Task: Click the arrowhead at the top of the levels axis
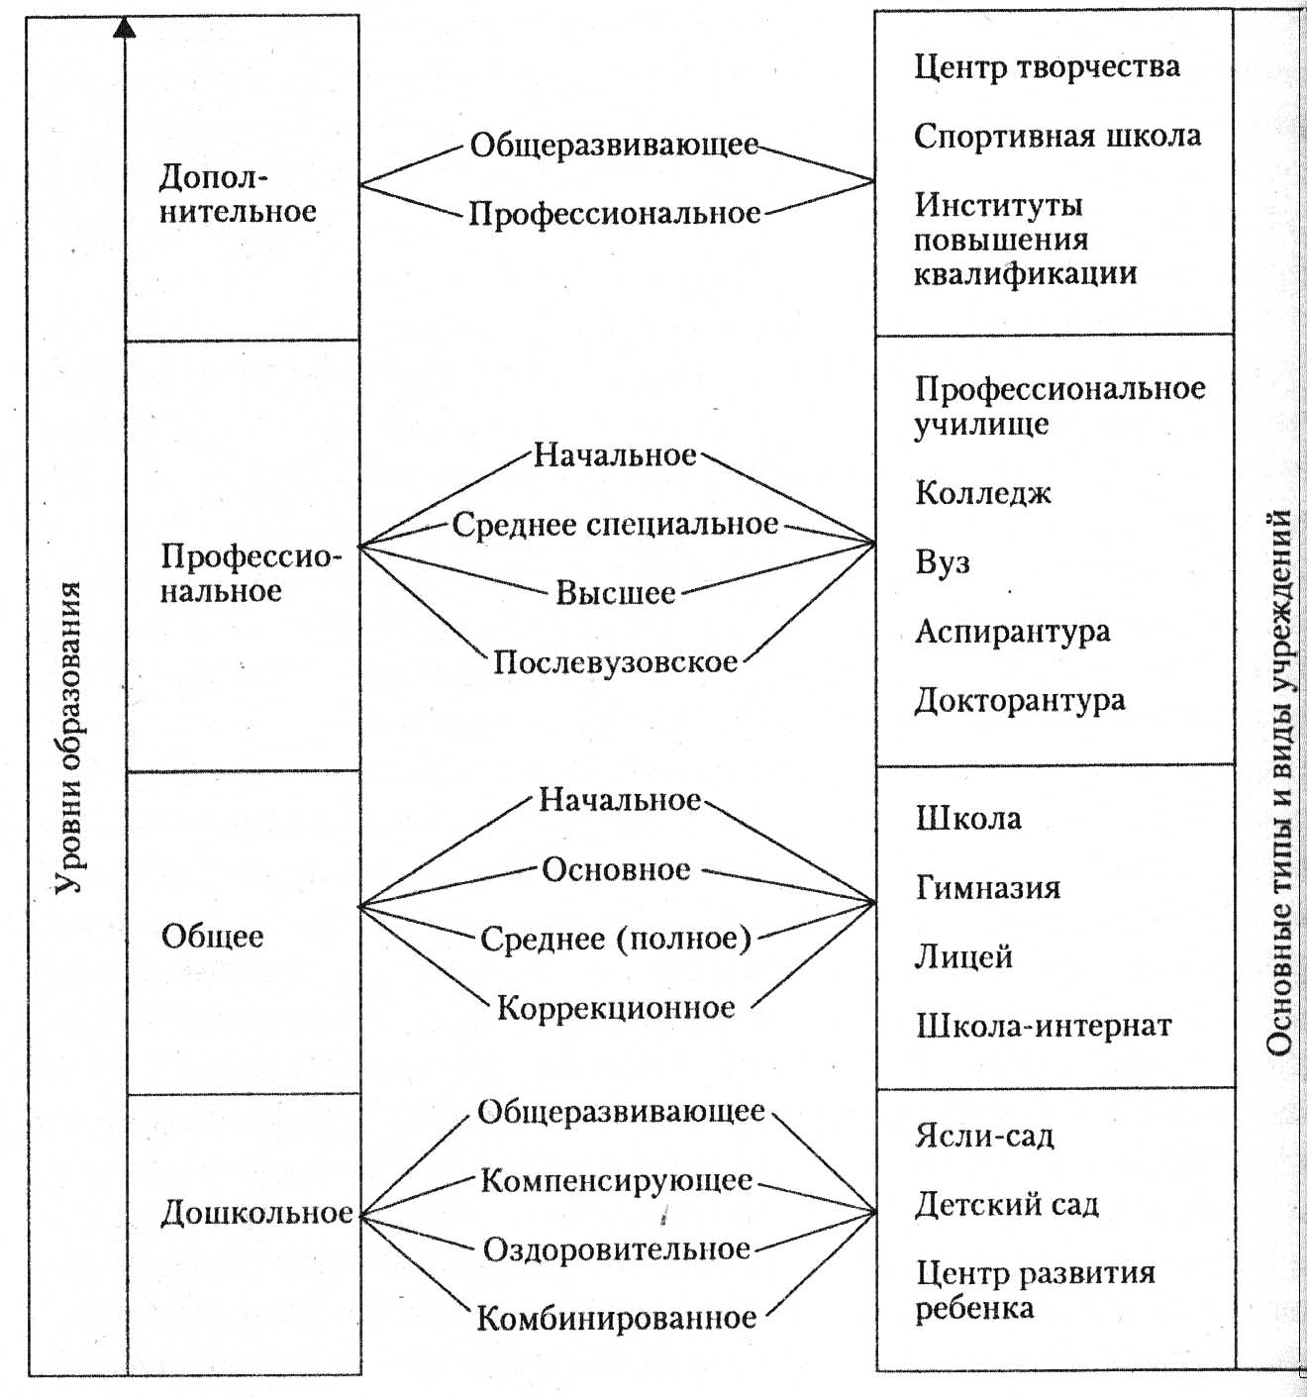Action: coord(125,27)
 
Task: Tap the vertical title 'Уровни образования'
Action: coord(69,737)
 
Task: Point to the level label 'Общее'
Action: coord(213,937)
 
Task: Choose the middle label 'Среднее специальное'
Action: coord(616,525)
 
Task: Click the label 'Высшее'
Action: coord(616,593)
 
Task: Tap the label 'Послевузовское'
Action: coord(616,662)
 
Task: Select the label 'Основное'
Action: coord(617,870)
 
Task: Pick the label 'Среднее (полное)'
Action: coord(617,939)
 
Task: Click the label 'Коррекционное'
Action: coord(617,1008)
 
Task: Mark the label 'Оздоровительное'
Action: coord(617,1250)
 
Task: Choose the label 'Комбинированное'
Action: coord(617,1318)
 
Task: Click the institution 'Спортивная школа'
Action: coord(1057,136)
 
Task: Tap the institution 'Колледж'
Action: coord(983,493)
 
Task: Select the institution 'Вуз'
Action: coord(943,562)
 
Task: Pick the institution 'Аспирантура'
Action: coord(1013,632)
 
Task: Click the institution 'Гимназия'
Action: coord(987,888)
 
